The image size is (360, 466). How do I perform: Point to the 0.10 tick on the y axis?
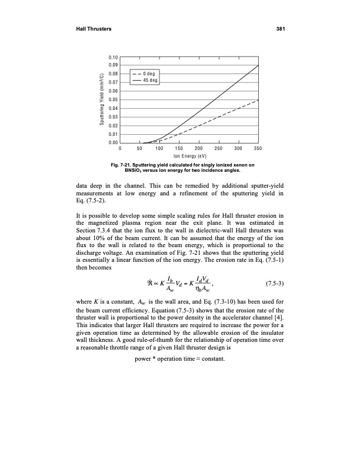(114, 56)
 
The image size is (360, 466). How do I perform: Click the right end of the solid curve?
(258, 65)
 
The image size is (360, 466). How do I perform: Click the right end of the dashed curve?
(258, 100)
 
